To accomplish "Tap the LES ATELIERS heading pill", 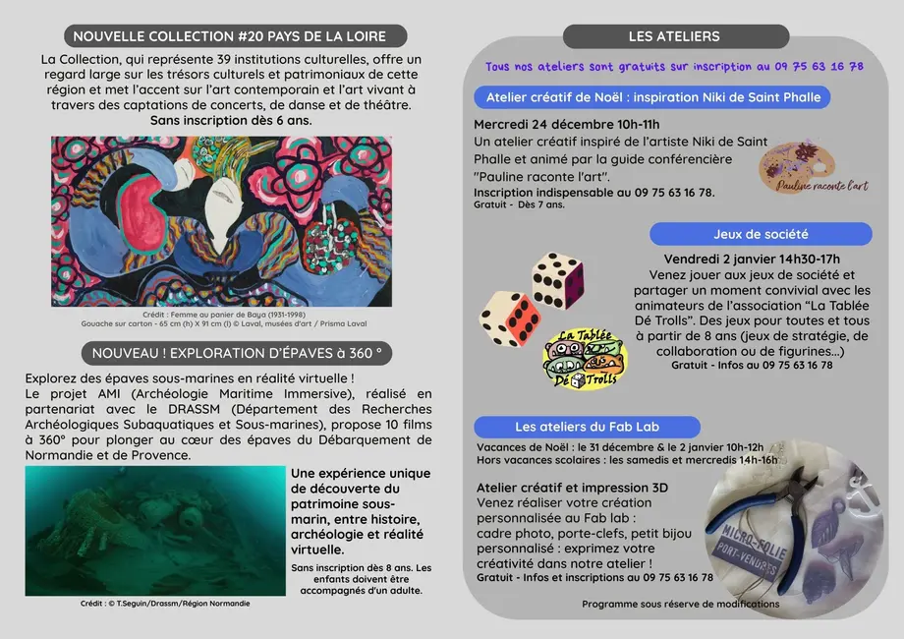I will (674, 36).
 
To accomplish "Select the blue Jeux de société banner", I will (761, 234).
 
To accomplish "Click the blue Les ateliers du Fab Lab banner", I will (587, 427).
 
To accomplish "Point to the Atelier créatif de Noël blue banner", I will (652, 96).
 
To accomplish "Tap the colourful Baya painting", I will (221, 221).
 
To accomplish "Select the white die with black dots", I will (557, 280).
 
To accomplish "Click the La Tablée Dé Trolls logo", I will (585, 361).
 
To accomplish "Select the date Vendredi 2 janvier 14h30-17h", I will (752, 259).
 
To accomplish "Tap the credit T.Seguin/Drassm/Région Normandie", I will (165, 604).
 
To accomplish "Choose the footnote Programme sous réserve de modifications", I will (678, 605).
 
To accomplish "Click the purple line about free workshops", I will (674, 66).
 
